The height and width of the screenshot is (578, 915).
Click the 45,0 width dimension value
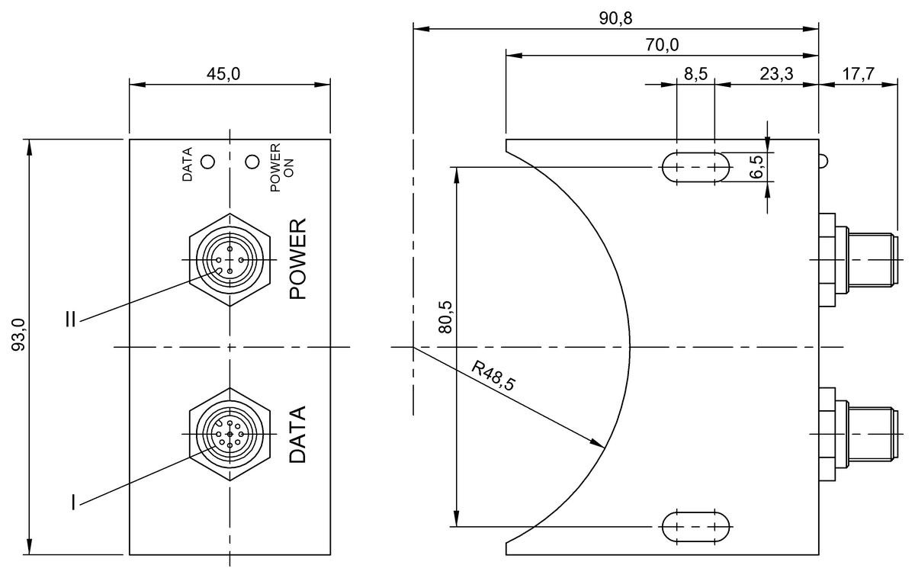[230, 73]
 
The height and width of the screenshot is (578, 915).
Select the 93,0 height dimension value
[21, 336]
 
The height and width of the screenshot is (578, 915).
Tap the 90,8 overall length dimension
[615, 18]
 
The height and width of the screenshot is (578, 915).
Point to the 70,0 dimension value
[661, 45]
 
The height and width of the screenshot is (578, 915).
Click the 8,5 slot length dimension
[695, 73]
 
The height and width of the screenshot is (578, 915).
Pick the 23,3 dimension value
[776, 73]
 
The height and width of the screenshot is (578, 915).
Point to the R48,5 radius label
[493, 376]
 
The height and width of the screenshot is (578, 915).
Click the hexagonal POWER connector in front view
[230, 260]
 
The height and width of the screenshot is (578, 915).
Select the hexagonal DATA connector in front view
[230, 434]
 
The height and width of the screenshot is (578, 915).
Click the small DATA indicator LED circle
[207, 162]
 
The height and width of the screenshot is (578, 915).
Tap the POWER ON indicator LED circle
[252, 162]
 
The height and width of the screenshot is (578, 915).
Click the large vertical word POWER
[297, 258]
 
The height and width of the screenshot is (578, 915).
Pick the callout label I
[73, 503]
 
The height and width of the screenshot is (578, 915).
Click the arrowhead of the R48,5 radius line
[599, 445]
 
